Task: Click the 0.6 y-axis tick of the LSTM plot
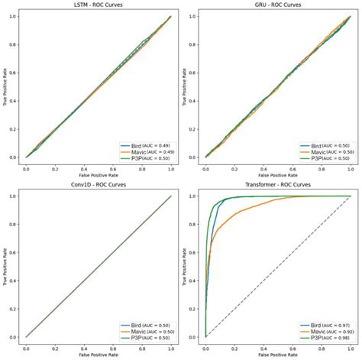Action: click(12, 73)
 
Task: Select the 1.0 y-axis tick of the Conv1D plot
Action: click(12, 196)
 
